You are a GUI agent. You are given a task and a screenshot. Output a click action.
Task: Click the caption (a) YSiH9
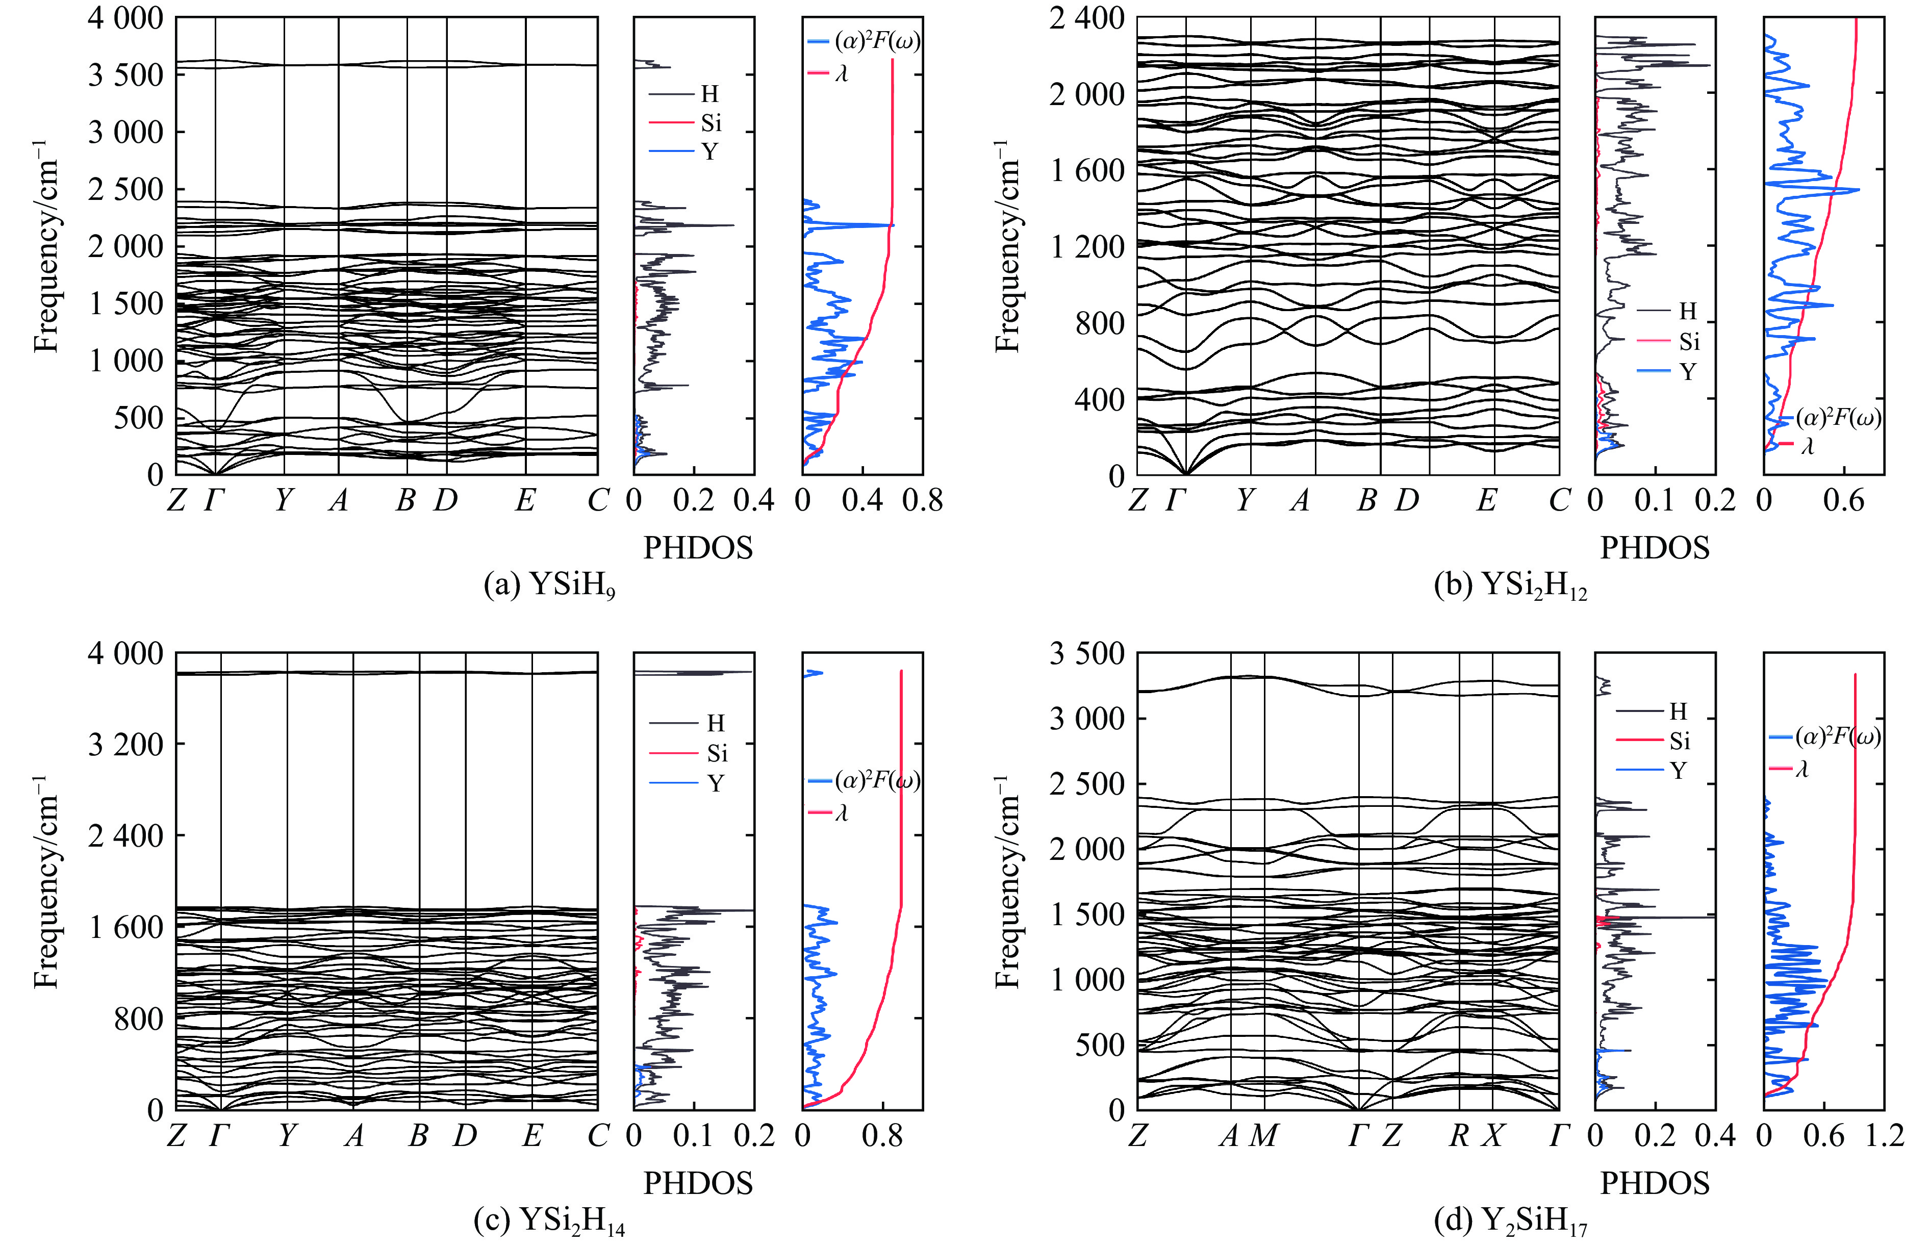pyautogui.click(x=549, y=584)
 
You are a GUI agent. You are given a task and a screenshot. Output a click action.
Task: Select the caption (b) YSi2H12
pyautogui.click(x=1510, y=584)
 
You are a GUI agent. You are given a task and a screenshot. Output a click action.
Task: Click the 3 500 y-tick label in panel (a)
pyautogui.click(x=125, y=74)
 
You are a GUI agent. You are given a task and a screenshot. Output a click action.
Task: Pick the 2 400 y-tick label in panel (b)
pyautogui.click(x=1087, y=18)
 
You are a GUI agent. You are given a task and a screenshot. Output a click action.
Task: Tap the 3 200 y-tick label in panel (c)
pyautogui.click(x=125, y=743)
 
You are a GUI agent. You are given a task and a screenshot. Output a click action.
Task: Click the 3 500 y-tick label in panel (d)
pyautogui.click(x=1087, y=653)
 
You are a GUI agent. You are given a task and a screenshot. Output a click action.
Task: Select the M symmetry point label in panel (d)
pyautogui.click(x=1264, y=1136)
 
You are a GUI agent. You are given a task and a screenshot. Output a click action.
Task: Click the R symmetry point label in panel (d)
pyautogui.click(x=1458, y=1136)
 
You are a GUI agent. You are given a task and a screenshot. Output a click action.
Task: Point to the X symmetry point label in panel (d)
pyautogui.click(x=1492, y=1136)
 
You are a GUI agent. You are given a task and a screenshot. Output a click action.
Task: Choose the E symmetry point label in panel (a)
pyautogui.click(x=525, y=500)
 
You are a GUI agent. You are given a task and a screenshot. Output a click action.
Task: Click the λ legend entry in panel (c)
pyautogui.click(x=841, y=812)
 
